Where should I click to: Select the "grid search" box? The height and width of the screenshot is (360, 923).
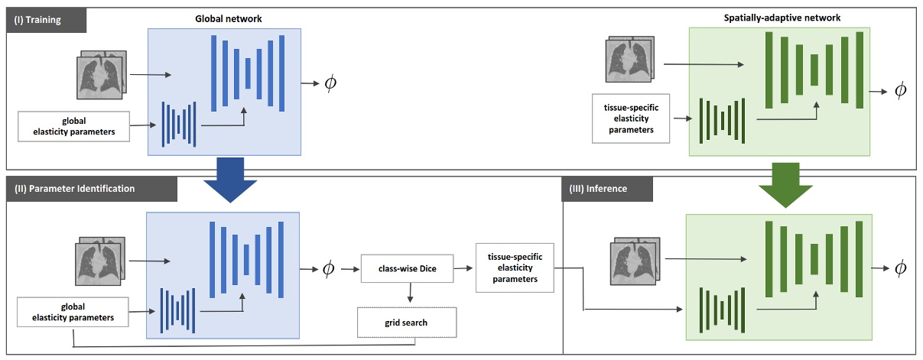click(x=406, y=323)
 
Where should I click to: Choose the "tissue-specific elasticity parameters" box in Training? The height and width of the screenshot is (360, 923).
click(x=631, y=118)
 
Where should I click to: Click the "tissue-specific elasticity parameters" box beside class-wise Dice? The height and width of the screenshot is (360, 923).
click(x=514, y=268)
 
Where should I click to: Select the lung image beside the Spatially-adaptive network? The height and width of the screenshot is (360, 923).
click(x=628, y=60)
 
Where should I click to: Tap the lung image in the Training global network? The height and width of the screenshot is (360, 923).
click(x=102, y=75)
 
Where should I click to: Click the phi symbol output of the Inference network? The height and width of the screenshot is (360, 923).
click(x=900, y=268)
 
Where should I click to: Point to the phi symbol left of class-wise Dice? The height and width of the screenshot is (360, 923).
click(x=327, y=268)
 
